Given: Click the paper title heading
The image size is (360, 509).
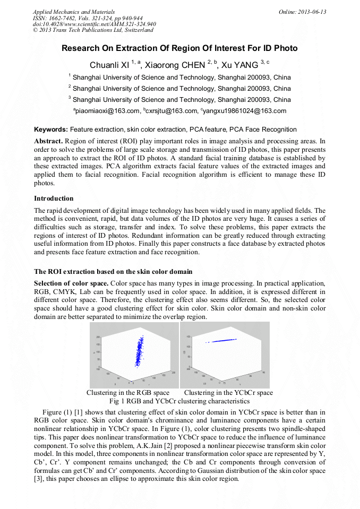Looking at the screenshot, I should pyautogui.click(x=179, y=48).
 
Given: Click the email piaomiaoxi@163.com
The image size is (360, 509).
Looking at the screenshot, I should pyautogui.click(x=106, y=111).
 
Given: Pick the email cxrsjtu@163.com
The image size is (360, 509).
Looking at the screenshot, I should pyautogui.click(x=172, y=111).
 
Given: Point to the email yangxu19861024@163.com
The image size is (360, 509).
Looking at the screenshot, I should pyautogui.click(x=244, y=111).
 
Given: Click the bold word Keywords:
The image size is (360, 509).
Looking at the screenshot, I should pyautogui.click(x=51, y=130).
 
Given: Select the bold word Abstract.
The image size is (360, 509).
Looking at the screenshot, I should pyautogui.click(x=48, y=141).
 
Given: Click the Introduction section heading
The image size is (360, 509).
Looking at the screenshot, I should pyautogui.click(x=54, y=199).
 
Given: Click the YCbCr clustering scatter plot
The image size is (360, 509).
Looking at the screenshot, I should pyautogui.click(x=225, y=355).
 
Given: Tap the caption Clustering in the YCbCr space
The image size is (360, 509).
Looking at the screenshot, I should pyautogui.click(x=228, y=393).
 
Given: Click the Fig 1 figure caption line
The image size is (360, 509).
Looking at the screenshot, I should pyautogui.click(x=179, y=401).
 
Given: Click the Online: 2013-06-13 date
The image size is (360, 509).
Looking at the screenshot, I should pyautogui.click(x=302, y=12).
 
